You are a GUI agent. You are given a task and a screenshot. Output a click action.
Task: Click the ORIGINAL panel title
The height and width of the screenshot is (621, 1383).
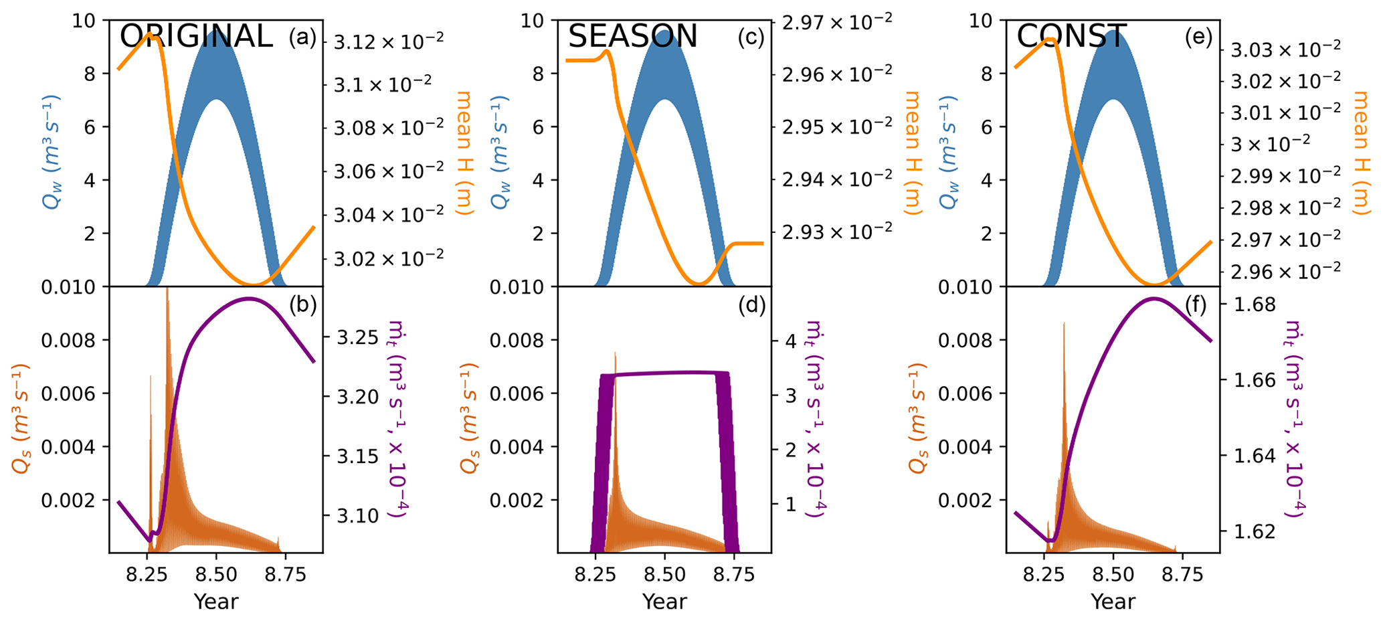pyautogui.click(x=196, y=36)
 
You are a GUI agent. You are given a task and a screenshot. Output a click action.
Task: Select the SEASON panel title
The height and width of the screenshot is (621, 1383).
pyautogui.click(x=632, y=36)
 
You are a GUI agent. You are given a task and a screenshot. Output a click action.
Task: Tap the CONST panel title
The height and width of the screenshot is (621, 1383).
pyautogui.click(x=1072, y=36)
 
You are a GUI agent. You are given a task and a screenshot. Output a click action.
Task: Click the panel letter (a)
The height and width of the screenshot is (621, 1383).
pyautogui.click(x=302, y=38)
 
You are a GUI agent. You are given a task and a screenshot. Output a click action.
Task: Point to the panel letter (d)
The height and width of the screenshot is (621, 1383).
pyautogui.click(x=751, y=305)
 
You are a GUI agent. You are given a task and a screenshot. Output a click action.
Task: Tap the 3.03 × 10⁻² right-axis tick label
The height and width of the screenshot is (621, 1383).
pyautogui.click(x=1286, y=48)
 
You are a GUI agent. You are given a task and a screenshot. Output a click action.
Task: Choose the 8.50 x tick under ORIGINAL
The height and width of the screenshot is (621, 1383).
pyautogui.click(x=216, y=575)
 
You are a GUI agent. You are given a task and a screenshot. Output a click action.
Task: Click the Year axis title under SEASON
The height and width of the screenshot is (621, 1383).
pyautogui.click(x=664, y=602)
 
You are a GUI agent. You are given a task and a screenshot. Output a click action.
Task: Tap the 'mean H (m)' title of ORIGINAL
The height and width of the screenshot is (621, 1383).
pyautogui.click(x=465, y=153)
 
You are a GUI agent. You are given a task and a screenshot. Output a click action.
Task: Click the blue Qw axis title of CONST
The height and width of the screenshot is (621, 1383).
pyautogui.click(x=949, y=153)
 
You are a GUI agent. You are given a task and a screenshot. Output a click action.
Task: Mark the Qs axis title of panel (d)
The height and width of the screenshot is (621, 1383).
pyautogui.click(x=470, y=418)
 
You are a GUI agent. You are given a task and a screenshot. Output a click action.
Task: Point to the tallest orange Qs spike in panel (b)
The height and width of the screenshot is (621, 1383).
pyautogui.click(x=167, y=289)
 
